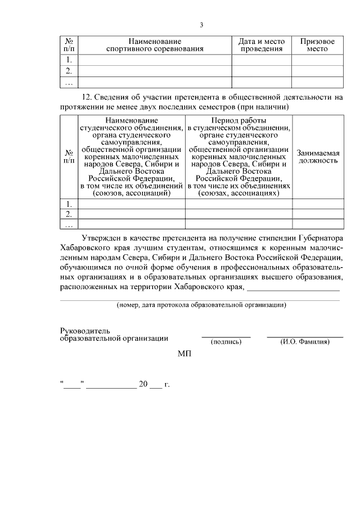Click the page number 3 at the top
(x=201, y=24)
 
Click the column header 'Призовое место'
(x=317, y=45)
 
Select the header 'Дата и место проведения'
(x=262, y=45)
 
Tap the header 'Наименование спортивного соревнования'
(x=155, y=45)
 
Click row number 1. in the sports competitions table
(x=69, y=60)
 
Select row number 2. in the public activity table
(x=69, y=214)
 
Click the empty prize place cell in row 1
(x=317, y=60)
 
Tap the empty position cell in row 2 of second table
(x=317, y=214)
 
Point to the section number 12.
(x=87, y=97)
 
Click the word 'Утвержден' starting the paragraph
(x=101, y=238)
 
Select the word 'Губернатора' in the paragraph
(x=321, y=238)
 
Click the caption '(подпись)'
(x=226, y=341)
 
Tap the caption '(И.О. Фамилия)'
(x=305, y=341)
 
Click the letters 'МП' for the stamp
(x=184, y=354)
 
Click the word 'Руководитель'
(x=85, y=330)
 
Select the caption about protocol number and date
(x=201, y=305)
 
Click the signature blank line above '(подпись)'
(x=226, y=336)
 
